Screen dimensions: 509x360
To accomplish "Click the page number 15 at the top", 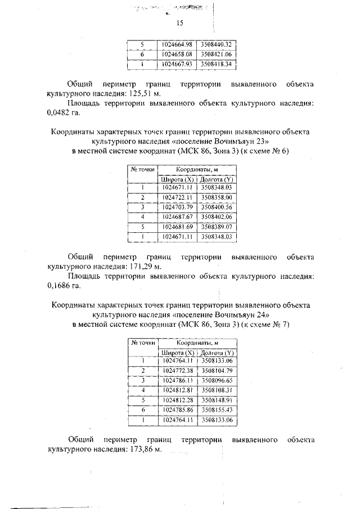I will [180, 23].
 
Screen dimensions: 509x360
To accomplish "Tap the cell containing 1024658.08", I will [177, 55].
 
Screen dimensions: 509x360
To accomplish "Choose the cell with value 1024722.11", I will [177, 197].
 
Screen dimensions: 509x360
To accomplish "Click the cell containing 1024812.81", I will [177, 390].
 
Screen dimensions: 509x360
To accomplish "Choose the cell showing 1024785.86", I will [177, 409].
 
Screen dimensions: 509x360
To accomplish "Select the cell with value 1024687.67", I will [177, 217].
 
